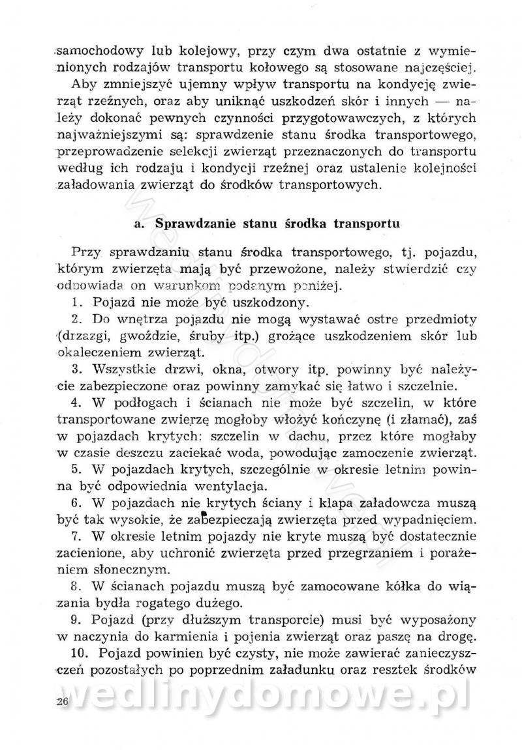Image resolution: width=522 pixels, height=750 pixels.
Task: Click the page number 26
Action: tap(63, 701)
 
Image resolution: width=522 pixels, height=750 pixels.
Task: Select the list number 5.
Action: tap(76, 469)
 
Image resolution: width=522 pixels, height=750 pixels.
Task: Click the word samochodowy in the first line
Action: tap(92, 51)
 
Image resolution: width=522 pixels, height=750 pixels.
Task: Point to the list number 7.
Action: tap(76, 536)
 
